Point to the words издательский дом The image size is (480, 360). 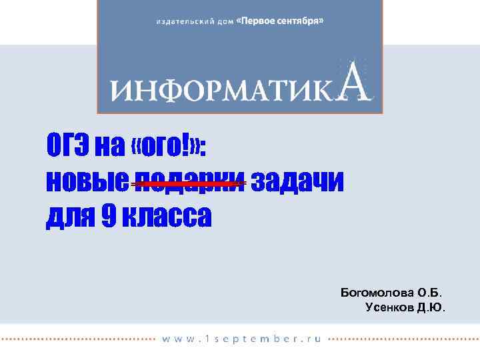pyautogui.click(x=195, y=22)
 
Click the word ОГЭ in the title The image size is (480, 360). pyautogui.click(x=67, y=145)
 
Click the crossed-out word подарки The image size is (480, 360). pyautogui.click(x=188, y=181)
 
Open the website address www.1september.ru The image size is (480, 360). pyautogui.click(x=241, y=339)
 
